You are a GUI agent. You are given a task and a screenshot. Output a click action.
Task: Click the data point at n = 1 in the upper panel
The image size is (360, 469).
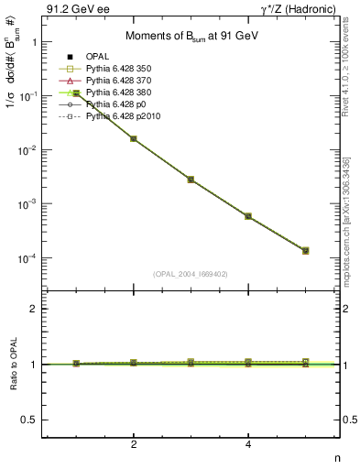[77, 93]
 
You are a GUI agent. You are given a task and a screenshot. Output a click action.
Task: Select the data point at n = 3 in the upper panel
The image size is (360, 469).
[191, 180]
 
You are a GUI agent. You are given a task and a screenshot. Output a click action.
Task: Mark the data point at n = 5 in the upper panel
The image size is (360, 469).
[305, 250]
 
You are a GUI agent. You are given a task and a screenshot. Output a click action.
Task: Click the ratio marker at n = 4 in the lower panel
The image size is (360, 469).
[248, 364]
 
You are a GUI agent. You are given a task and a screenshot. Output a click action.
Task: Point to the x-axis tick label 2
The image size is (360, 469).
[134, 444]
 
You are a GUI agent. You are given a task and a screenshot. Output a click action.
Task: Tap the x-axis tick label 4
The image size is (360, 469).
[248, 444]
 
